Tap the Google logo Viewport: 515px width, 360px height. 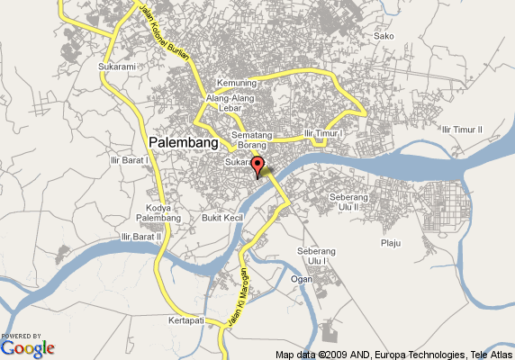(x=28, y=346)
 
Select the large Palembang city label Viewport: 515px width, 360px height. (x=183, y=143)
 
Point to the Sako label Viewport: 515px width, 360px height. (x=384, y=36)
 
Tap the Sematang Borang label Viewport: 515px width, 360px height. (x=251, y=139)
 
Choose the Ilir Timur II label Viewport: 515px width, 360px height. (x=463, y=130)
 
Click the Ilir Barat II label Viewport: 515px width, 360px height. (x=140, y=237)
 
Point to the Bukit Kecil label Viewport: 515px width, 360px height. (x=222, y=218)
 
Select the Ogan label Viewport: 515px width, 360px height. (x=302, y=278)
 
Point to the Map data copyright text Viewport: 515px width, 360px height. (x=394, y=354)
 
